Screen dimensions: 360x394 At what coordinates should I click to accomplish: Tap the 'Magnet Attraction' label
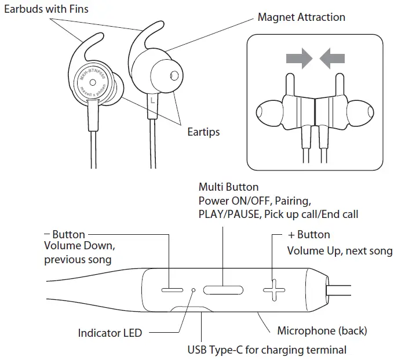pyautogui.click(x=301, y=17)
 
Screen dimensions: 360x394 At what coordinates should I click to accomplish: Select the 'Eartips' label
pyautogui.click(x=203, y=132)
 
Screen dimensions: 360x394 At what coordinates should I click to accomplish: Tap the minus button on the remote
pyautogui.click(x=172, y=288)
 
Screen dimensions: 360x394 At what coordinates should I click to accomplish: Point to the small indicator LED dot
pyautogui.click(x=193, y=289)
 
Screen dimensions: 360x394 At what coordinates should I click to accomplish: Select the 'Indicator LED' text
pyautogui.click(x=110, y=333)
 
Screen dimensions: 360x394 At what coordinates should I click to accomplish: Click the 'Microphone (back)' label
pyautogui.click(x=322, y=330)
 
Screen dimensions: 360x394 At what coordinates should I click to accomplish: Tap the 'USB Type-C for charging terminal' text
pyautogui.click(x=267, y=350)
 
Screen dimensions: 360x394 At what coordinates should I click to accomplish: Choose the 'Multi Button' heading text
pyautogui.click(x=228, y=187)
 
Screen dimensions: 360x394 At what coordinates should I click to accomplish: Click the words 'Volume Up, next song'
pyautogui.click(x=340, y=251)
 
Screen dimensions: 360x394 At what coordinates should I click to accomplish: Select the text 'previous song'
pyautogui.click(x=78, y=260)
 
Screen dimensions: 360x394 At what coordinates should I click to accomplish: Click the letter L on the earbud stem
pyautogui.click(x=152, y=100)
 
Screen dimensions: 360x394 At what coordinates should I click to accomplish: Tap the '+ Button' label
pyautogui.click(x=309, y=235)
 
